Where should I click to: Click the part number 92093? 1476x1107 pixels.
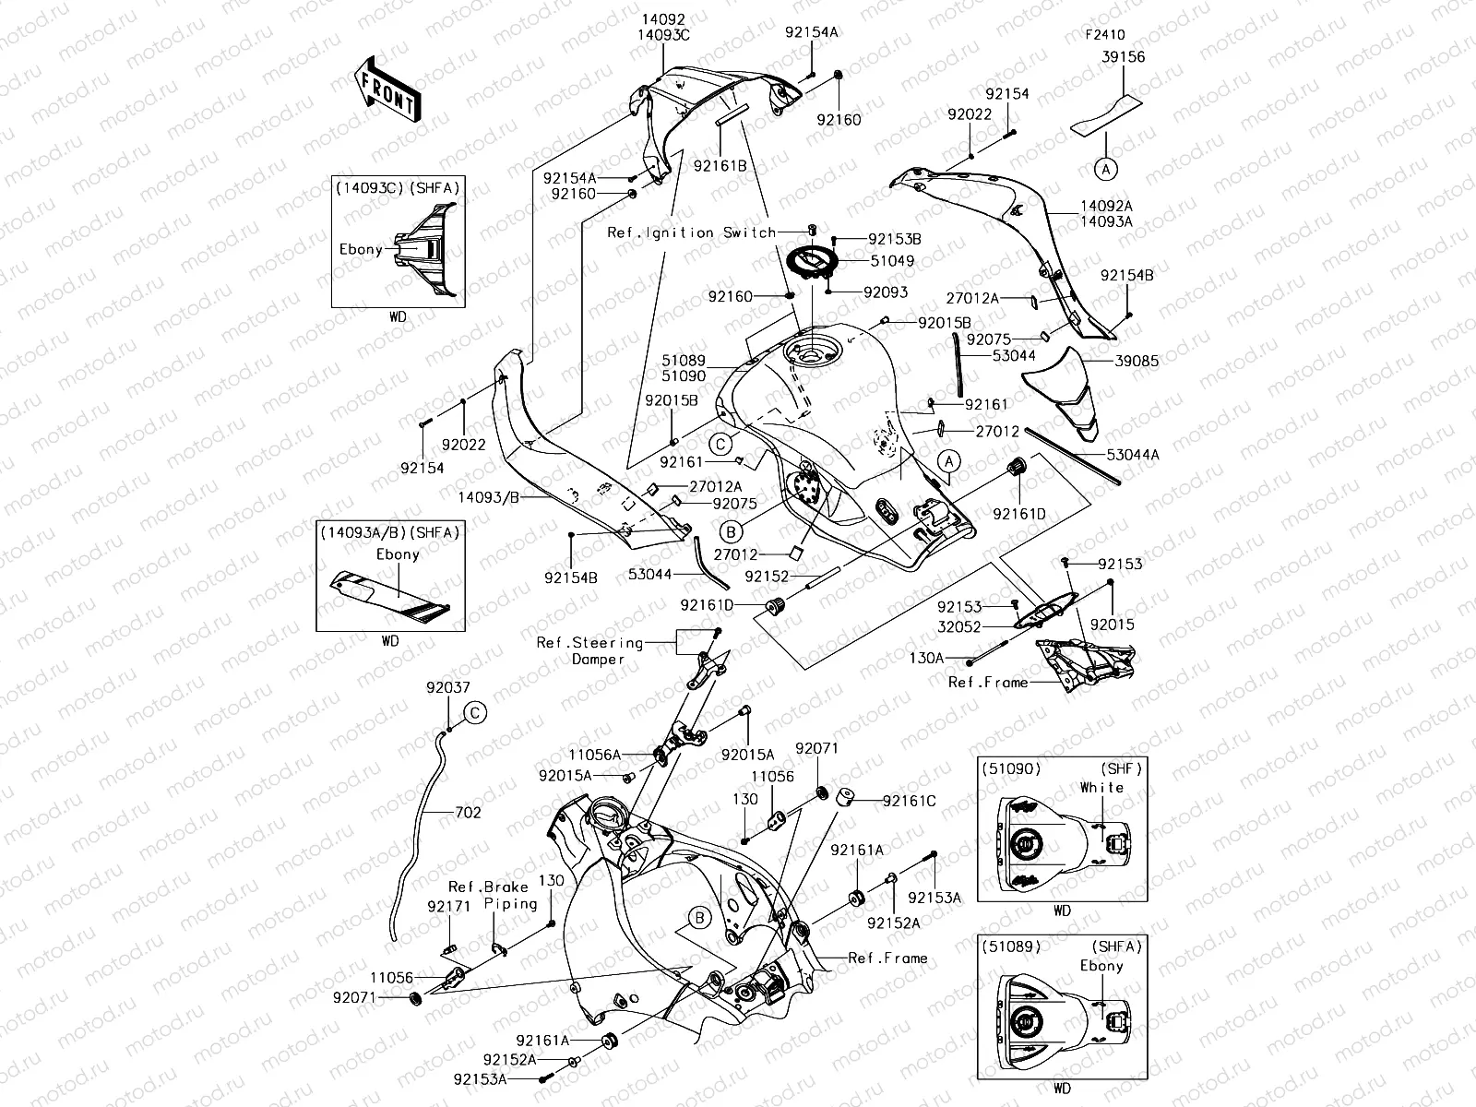click(x=886, y=292)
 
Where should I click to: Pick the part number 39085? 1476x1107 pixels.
click(x=1136, y=361)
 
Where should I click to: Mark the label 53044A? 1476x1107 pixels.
click(x=1134, y=454)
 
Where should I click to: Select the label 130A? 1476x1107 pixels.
click(x=927, y=659)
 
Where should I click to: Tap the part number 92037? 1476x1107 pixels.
click(x=448, y=688)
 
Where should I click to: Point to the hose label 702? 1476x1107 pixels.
click(x=468, y=813)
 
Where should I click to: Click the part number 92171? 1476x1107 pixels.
click(x=449, y=907)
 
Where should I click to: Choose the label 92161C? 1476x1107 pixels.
click(x=909, y=801)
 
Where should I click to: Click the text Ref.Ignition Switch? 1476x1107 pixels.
click(x=691, y=233)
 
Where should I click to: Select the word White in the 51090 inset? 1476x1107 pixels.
click(x=1101, y=787)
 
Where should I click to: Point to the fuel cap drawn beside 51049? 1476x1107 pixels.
click(x=810, y=261)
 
